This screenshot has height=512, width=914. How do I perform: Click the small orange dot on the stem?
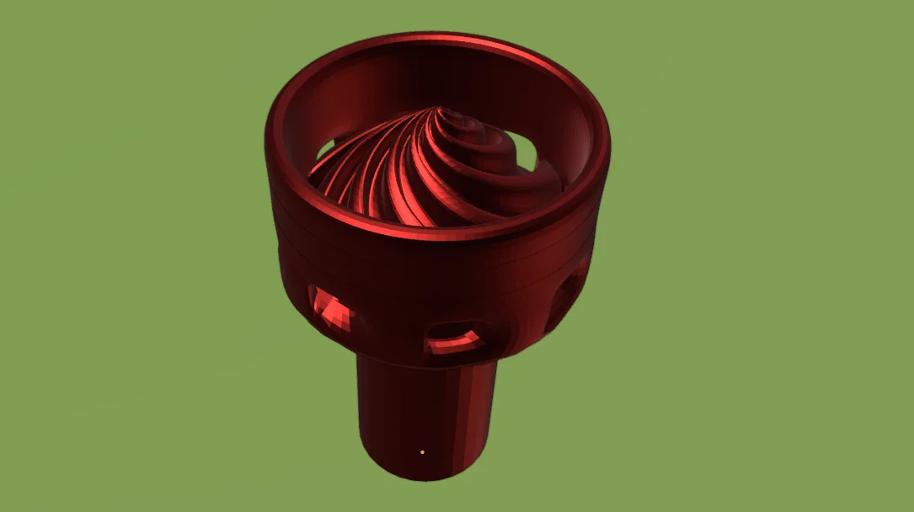(x=422, y=453)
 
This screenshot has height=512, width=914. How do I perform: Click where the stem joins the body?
(x=425, y=363)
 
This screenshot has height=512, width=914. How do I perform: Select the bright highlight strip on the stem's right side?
(x=475, y=413)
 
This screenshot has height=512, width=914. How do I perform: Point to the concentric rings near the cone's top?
(x=468, y=135)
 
